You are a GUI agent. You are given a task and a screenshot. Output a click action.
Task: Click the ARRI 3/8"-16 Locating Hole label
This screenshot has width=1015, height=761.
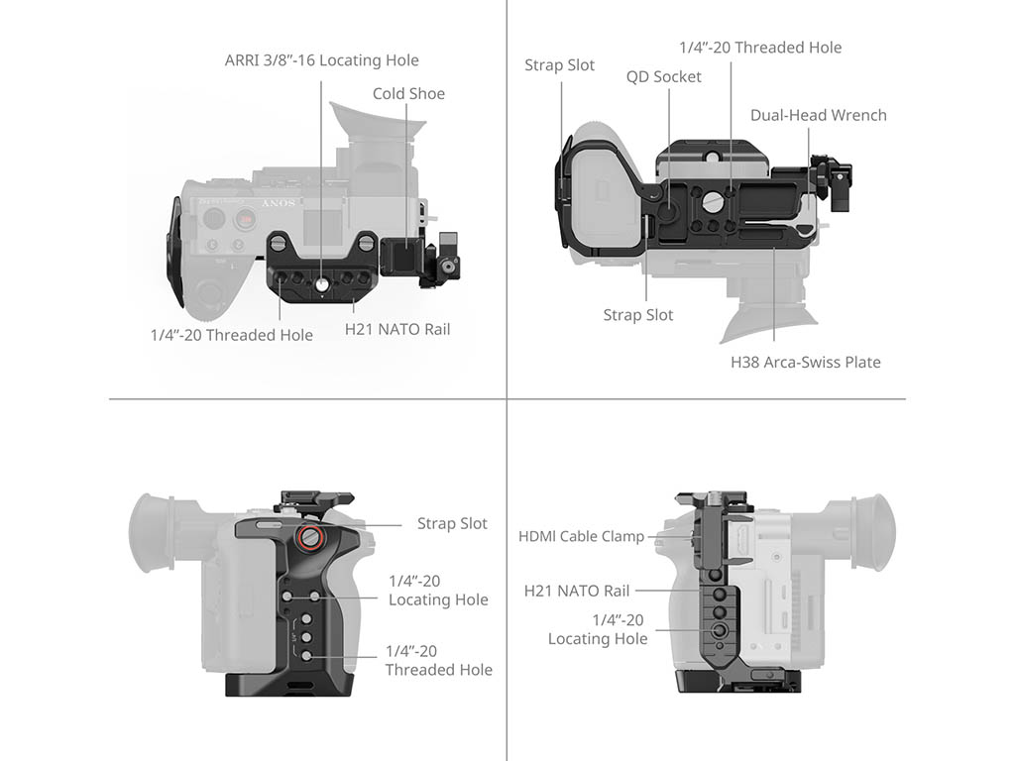pos(322,60)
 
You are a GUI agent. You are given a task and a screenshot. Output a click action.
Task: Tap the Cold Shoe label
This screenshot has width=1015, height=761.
pos(408,94)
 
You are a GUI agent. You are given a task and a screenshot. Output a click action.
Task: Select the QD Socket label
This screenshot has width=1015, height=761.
pos(663,77)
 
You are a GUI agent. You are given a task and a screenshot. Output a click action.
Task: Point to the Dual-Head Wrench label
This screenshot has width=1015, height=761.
pos(818,115)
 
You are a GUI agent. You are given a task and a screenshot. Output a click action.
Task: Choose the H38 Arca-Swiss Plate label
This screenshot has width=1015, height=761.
pos(805,362)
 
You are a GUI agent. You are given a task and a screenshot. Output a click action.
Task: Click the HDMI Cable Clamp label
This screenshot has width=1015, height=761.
pos(581,536)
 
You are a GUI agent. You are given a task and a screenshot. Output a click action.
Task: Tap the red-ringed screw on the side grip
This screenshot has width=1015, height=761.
pos(309,536)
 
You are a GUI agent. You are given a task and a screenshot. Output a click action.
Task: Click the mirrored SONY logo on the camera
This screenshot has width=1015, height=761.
pos(279,203)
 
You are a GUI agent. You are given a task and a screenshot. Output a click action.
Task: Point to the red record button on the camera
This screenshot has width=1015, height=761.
pos(245,218)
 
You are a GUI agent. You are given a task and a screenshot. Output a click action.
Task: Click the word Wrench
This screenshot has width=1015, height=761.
pos(859,115)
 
